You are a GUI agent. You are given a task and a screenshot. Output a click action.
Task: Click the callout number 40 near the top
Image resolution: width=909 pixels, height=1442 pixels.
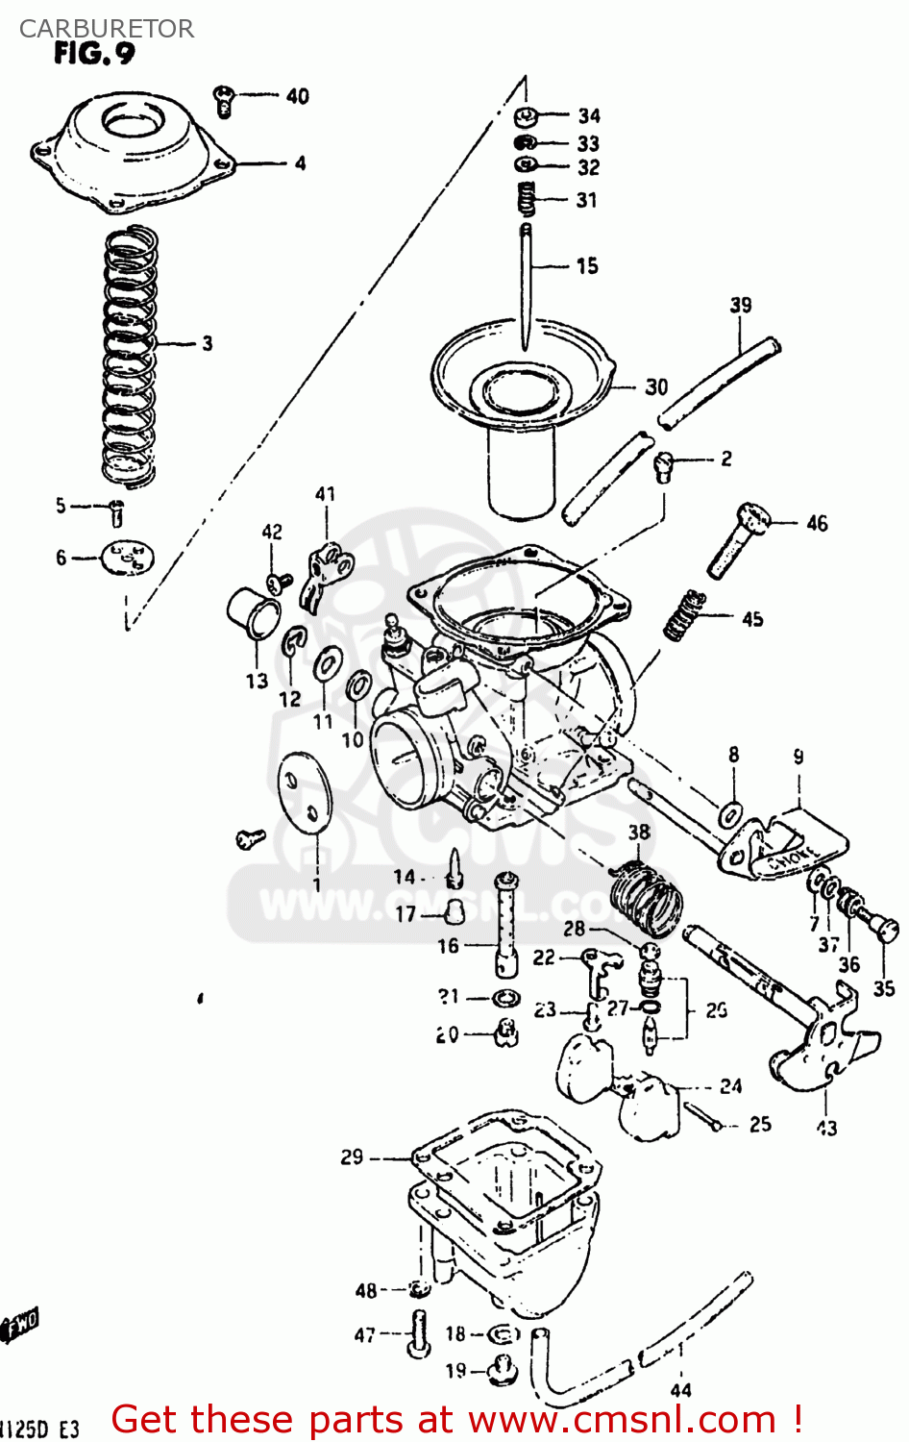pos(297,96)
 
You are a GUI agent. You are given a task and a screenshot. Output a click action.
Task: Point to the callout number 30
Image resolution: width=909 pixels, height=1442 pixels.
pos(656,386)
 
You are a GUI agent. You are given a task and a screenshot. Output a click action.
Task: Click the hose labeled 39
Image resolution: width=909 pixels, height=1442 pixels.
pos(719,383)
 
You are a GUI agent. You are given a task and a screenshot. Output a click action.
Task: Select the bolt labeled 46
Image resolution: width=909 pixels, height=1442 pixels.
pos(738,538)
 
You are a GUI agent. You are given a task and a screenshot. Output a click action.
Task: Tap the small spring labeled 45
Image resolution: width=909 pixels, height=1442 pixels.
pos(684,616)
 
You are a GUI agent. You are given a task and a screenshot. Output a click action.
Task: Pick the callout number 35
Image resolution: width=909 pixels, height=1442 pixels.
pos(883,987)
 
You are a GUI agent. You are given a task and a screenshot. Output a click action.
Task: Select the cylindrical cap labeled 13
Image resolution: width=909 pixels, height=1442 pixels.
pos(253,611)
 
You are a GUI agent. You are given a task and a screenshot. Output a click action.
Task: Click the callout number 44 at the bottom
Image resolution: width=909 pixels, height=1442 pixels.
pos(680,1389)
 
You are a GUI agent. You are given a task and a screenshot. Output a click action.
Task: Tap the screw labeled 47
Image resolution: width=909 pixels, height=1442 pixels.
pos(418,1333)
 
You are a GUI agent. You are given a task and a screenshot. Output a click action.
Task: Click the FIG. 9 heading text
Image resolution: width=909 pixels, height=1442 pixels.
pos(94,54)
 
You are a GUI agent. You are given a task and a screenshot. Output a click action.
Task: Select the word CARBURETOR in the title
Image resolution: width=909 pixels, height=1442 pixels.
pos(106,29)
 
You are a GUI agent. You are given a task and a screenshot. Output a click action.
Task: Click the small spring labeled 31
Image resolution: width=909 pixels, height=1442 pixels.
pos(526,200)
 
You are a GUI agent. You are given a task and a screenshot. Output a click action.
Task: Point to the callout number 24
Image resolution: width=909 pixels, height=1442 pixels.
pos(730,1085)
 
